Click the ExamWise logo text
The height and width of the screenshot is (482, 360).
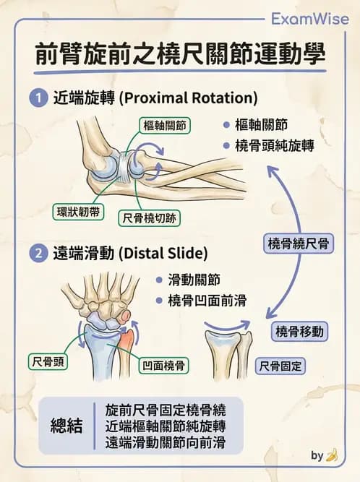pyautogui.click(x=310, y=20)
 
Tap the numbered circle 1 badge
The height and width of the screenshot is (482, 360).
pyautogui.click(x=38, y=98)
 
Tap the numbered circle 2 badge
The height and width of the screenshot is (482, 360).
pyautogui.click(x=38, y=254)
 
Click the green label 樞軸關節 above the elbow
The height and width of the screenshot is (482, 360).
pyautogui.click(x=165, y=126)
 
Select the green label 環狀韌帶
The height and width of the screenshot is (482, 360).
pyautogui.click(x=78, y=212)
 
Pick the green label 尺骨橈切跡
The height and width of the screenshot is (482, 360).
pyautogui.click(x=149, y=218)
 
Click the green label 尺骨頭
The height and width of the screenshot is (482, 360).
pyautogui.click(x=48, y=361)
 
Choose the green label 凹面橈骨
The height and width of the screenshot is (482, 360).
pyautogui.click(x=163, y=366)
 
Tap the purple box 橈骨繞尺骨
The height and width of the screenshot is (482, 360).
pyautogui.click(x=299, y=244)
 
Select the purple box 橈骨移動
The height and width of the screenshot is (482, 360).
pyautogui.click(x=299, y=332)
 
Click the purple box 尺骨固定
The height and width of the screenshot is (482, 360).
pyautogui.click(x=280, y=366)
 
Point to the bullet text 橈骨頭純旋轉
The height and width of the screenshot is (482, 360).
pyautogui.click(x=275, y=146)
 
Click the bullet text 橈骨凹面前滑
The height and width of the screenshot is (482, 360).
pyautogui.click(x=207, y=301)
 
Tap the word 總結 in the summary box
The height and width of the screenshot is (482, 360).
pyautogui.click(x=67, y=426)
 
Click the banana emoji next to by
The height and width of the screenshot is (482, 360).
pyautogui.click(x=332, y=455)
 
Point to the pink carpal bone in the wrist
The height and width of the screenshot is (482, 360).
pyautogui.click(x=126, y=317)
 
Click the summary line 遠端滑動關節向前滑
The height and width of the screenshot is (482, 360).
pyautogui.click(x=166, y=442)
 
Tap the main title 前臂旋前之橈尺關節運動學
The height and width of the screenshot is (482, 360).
pyautogui.click(x=180, y=55)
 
